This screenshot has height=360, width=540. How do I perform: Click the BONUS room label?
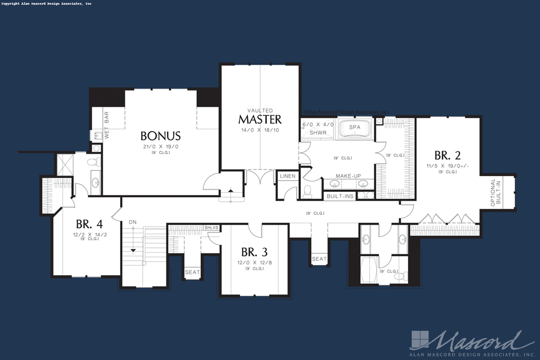click(x=161, y=136)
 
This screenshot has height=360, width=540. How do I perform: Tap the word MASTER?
click(x=260, y=120)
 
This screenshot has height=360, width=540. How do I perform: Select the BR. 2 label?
click(x=448, y=156)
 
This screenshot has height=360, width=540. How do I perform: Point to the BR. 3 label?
click(x=255, y=252)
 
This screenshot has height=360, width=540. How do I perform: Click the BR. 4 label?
click(x=89, y=224)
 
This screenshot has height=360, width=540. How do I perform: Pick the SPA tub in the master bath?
click(x=355, y=129)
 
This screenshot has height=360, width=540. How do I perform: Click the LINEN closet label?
click(x=288, y=176)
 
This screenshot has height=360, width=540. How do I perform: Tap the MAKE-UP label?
click(x=348, y=176)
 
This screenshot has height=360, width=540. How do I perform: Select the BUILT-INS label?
click(x=340, y=196)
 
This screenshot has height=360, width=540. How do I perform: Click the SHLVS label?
click(x=211, y=228)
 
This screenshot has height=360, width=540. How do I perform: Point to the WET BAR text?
click(x=107, y=125)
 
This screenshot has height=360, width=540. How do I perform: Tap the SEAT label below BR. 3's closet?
click(x=192, y=272)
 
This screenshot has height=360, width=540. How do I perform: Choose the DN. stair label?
click(x=133, y=222)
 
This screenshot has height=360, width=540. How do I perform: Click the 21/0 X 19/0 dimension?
click(x=161, y=147)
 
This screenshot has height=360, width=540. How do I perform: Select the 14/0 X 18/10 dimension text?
click(x=260, y=130)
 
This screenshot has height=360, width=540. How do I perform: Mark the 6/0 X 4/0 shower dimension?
click(x=318, y=125)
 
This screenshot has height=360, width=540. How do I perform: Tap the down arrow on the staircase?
click(x=133, y=250)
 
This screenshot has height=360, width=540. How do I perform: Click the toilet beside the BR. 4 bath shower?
click(x=94, y=162)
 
